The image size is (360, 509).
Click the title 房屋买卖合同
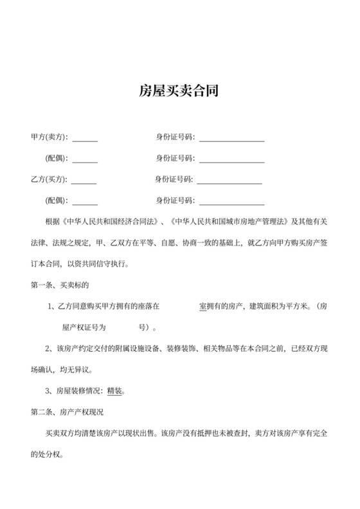click(x=179, y=91)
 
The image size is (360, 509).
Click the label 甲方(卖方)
click(x=49, y=137)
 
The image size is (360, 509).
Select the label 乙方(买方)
click(x=49, y=179)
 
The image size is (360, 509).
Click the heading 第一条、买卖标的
click(x=59, y=283)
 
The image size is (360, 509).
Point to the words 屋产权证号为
click(x=80, y=326)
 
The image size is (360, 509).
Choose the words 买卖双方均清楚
click(x=72, y=432)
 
